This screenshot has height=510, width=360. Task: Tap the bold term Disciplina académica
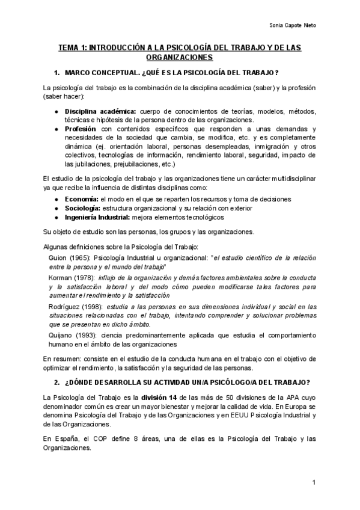92,112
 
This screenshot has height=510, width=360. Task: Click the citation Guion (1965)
69,258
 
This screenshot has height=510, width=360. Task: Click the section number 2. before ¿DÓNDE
56,382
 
